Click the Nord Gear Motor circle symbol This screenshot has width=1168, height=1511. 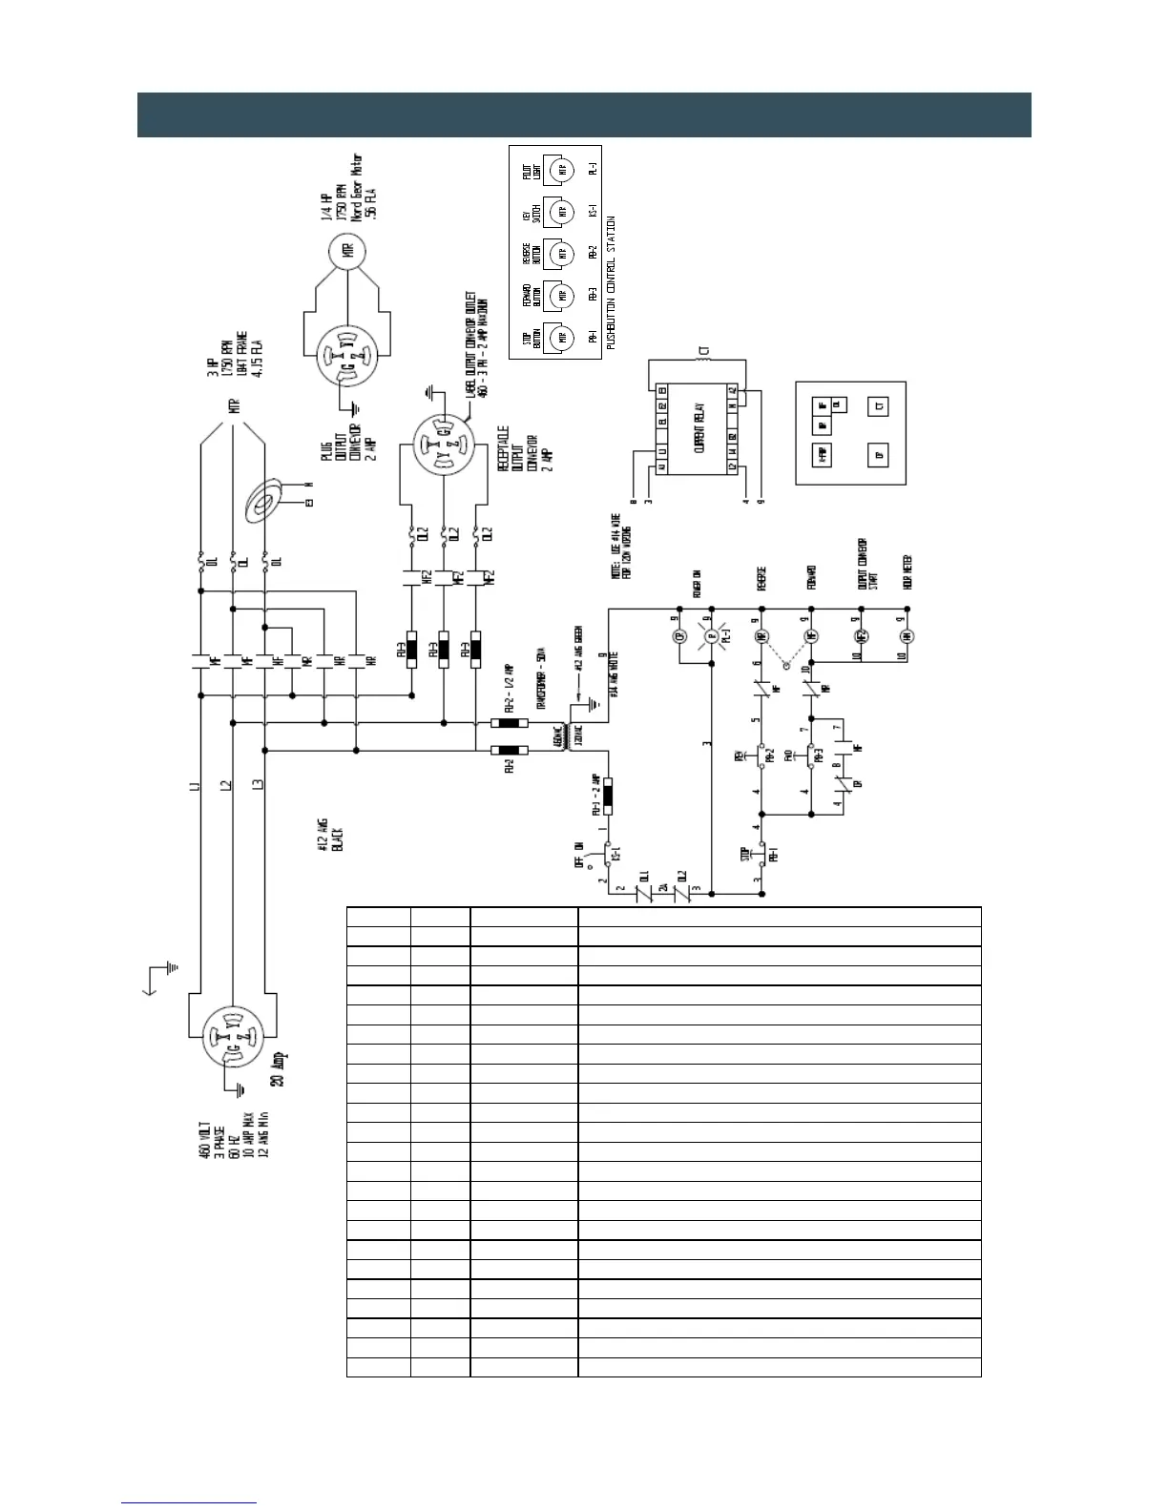point(347,252)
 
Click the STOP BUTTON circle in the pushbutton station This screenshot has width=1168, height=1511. point(563,336)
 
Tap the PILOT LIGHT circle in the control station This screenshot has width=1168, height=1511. point(563,170)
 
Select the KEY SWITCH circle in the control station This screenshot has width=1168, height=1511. point(563,211)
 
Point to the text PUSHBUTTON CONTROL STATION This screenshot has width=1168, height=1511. point(612,281)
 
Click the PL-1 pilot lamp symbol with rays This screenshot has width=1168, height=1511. point(710,636)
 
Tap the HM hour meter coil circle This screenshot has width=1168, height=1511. point(907,636)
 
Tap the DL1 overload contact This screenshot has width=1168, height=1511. point(643,893)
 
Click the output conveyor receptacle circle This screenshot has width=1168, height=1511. point(444,442)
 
